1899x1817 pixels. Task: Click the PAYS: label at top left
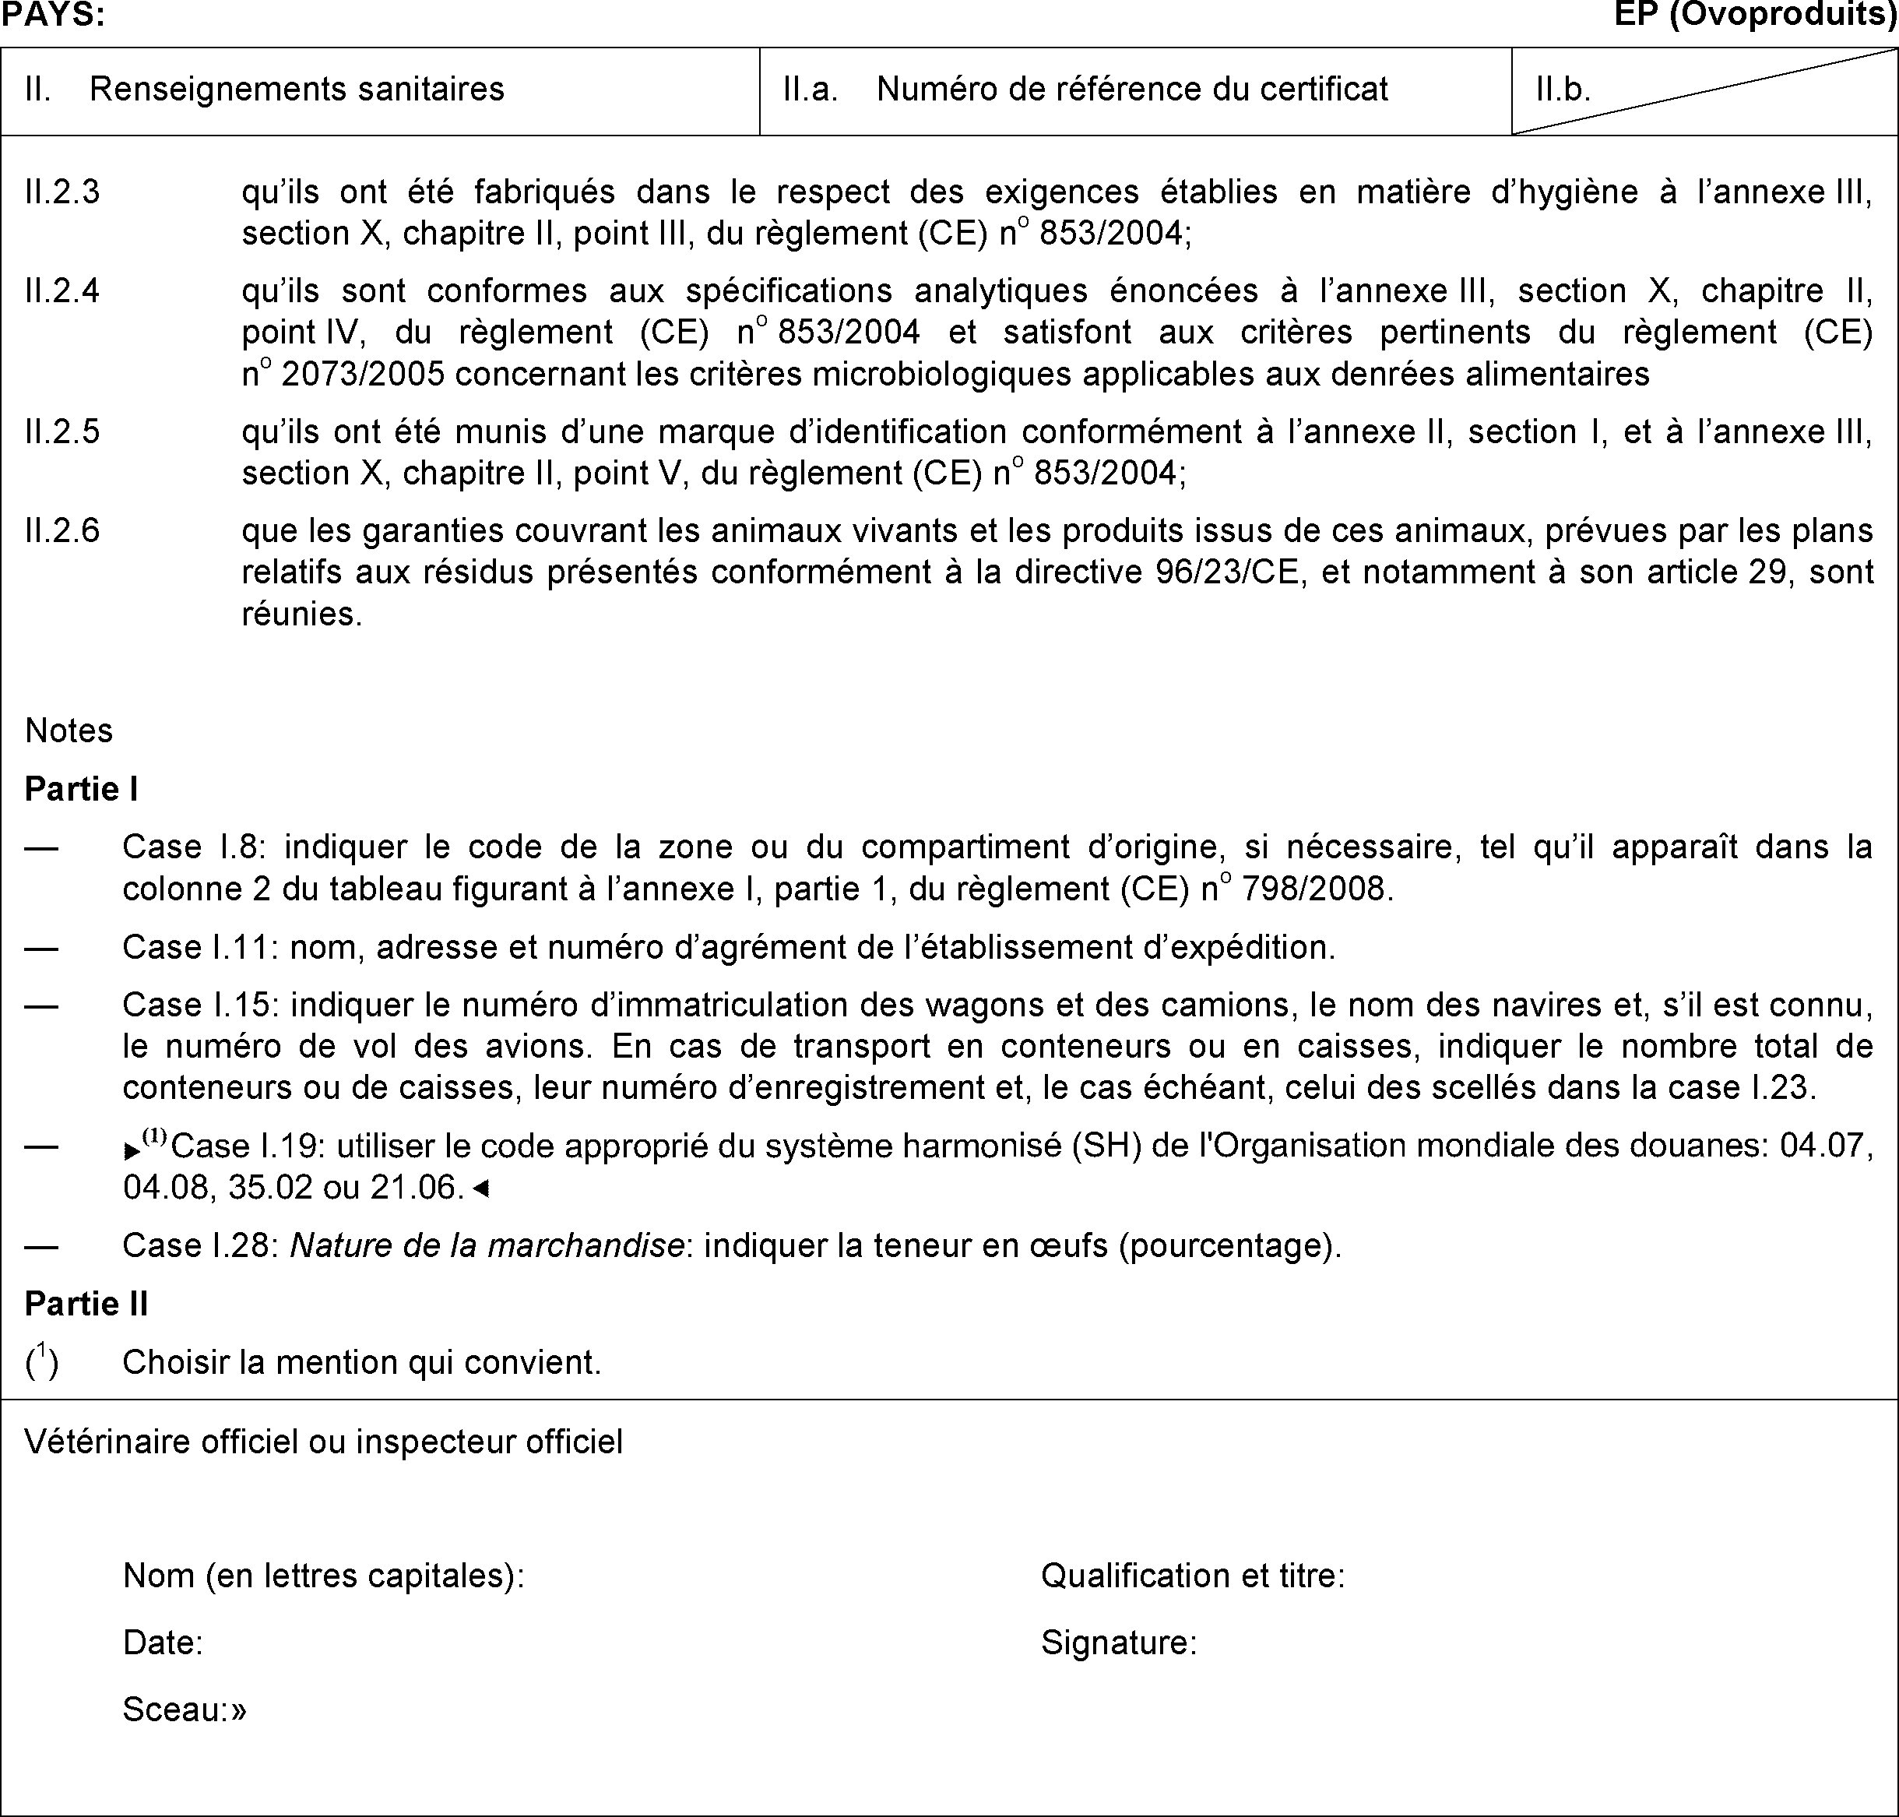click(53, 15)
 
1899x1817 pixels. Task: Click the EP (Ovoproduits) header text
click(1755, 15)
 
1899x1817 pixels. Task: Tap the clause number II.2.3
click(62, 192)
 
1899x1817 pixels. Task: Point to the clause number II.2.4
click(62, 291)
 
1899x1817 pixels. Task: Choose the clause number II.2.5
click(62, 431)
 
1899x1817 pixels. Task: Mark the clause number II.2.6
click(62, 530)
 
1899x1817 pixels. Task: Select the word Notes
click(69, 731)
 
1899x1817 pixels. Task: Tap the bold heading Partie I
click(81, 790)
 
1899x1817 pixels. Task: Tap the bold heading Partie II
click(86, 1304)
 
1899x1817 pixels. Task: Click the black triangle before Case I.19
click(132, 1153)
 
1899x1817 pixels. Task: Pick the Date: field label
click(163, 1643)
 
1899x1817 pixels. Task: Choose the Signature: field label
click(1119, 1643)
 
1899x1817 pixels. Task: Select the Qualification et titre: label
click(1192, 1576)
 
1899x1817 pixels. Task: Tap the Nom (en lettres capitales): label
click(323, 1576)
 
